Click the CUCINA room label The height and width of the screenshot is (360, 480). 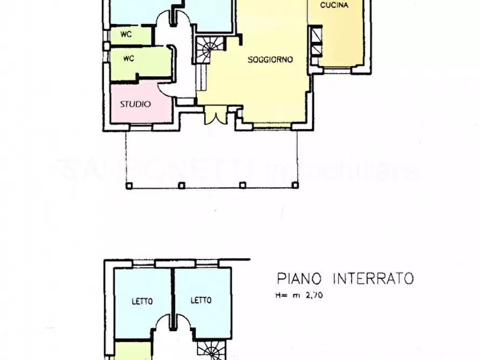[334, 5]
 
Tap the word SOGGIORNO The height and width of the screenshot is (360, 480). [270, 60]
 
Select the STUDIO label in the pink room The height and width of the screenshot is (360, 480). [135, 104]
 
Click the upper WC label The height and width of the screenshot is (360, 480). [126, 34]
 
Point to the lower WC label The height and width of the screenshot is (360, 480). [128, 58]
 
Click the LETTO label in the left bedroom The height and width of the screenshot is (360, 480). [142, 301]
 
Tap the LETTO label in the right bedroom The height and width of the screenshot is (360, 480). [201, 300]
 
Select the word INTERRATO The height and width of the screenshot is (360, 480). [374, 278]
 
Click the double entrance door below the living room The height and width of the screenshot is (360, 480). [214, 117]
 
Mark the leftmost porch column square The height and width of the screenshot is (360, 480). [128, 186]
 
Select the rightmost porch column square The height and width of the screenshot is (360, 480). [295, 185]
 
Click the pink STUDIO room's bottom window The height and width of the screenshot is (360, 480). [141, 127]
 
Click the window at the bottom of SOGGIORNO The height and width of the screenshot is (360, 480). [272, 126]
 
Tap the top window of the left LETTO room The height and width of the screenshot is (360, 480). [143, 263]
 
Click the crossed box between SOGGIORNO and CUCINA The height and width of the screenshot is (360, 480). [315, 43]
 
